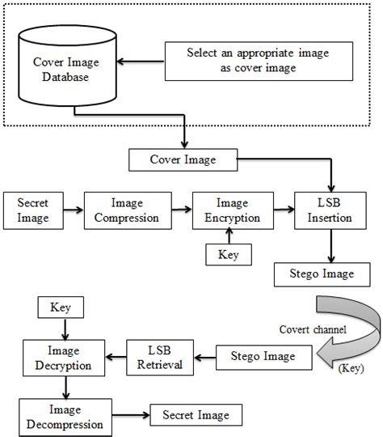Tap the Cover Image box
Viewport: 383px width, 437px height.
tap(183, 159)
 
